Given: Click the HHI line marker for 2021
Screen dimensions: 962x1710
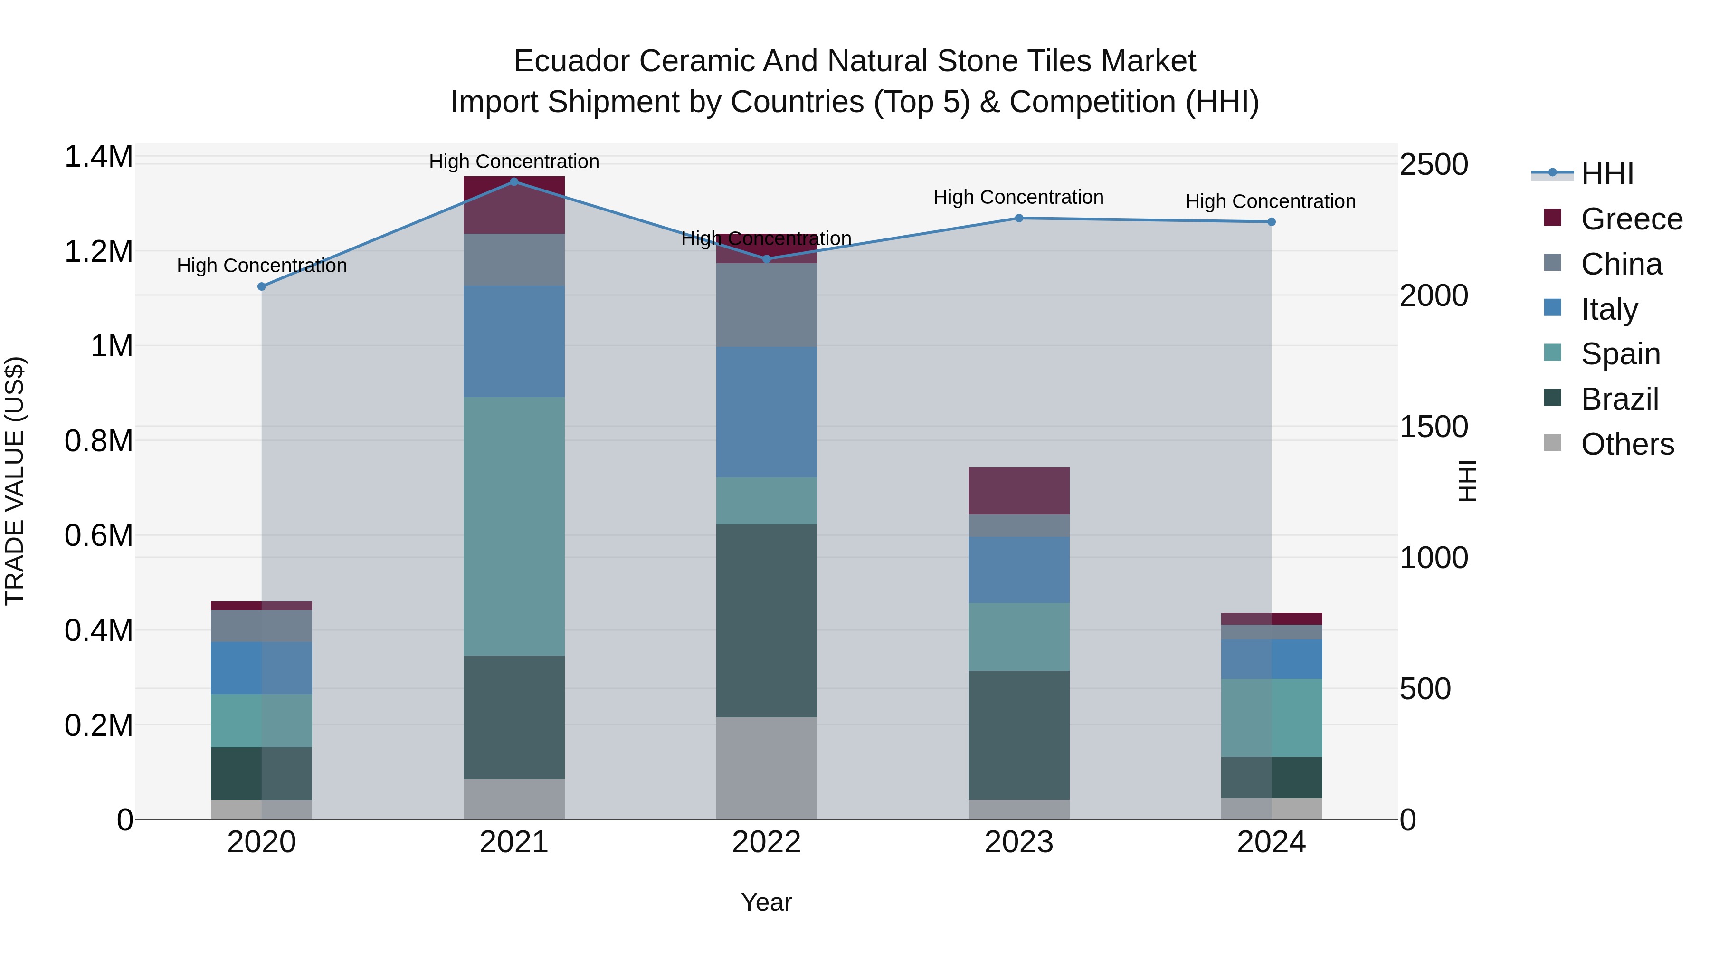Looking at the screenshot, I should [514, 181].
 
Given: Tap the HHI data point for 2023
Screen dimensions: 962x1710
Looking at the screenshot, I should [1019, 218].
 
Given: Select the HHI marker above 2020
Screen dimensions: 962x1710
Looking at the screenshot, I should [262, 286].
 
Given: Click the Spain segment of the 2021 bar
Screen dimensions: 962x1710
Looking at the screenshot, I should [514, 526].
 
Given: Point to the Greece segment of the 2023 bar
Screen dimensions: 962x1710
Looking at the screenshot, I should [1019, 491].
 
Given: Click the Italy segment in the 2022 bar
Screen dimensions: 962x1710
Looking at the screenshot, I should [766, 411].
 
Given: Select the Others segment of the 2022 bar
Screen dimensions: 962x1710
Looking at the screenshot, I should [766, 768].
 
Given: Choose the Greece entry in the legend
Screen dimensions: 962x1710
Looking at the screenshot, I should [1630, 219].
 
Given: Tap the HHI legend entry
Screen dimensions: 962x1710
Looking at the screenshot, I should [1606, 174].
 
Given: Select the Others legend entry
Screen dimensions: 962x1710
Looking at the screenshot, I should [1626, 444].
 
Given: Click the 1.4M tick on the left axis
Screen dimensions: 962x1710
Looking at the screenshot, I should [99, 157].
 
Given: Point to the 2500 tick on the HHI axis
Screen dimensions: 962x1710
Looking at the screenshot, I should [1434, 165].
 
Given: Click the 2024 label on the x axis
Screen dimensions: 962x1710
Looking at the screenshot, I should [1271, 842].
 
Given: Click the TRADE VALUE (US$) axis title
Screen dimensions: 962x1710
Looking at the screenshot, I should [15, 481].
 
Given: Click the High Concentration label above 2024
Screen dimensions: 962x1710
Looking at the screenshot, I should [1271, 201].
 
